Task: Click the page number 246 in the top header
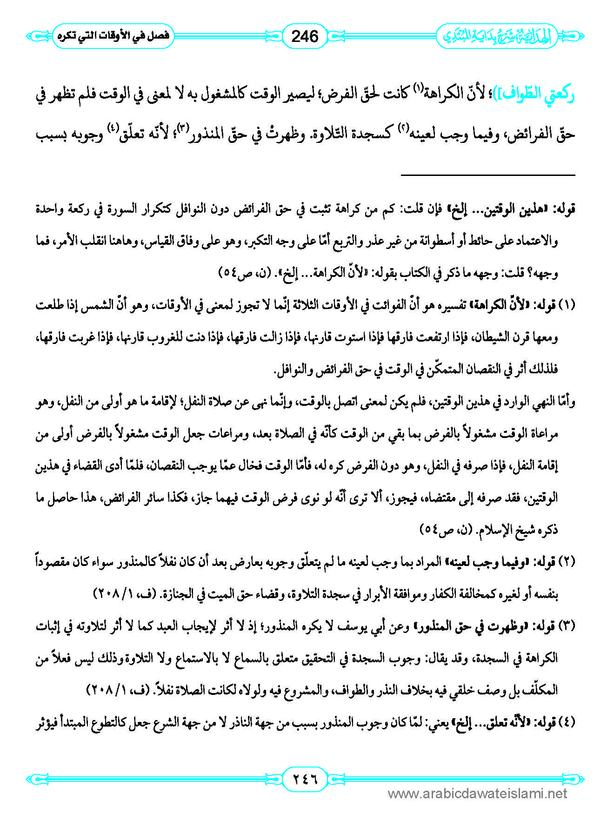point(305,36)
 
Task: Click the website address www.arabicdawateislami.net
point(477,794)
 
